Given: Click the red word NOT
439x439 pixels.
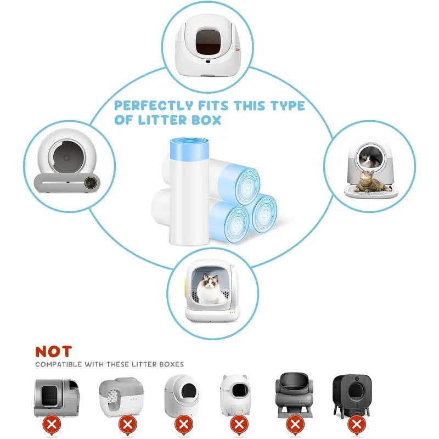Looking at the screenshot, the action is click(x=53, y=351).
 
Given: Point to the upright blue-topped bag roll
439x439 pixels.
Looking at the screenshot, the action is click(x=189, y=191).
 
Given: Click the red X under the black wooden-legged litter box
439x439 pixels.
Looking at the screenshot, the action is click(x=356, y=424).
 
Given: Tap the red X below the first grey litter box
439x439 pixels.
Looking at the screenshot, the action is click(x=52, y=425).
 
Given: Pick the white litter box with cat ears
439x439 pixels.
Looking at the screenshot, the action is click(x=235, y=395).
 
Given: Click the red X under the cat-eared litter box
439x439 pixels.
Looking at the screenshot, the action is click(x=239, y=425).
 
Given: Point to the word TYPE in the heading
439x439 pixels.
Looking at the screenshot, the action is click(x=287, y=106).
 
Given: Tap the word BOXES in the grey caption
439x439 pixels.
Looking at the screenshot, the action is click(x=171, y=364).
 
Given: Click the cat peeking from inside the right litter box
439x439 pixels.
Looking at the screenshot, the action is click(x=366, y=160).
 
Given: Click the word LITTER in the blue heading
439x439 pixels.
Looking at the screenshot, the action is click(x=162, y=120).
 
